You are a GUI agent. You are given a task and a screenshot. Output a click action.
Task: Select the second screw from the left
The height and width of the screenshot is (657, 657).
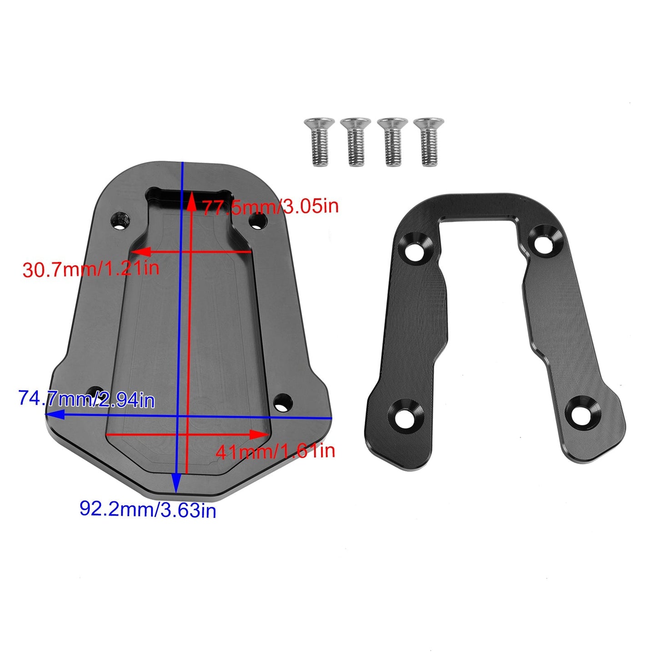click(356, 141)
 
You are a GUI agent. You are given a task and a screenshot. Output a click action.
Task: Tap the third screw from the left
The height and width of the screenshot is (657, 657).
click(392, 141)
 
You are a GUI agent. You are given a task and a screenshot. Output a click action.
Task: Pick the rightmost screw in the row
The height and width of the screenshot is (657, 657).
click(428, 141)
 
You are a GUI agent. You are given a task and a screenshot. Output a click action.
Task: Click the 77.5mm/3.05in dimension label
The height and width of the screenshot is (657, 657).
click(270, 207)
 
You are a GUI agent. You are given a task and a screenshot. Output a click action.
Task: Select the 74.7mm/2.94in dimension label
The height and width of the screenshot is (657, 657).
click(86, 399)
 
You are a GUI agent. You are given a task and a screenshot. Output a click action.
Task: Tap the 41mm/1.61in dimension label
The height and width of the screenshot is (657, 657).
click(275, 451)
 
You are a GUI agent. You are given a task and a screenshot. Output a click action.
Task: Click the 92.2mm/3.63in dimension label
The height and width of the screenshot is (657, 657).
click(148, 509)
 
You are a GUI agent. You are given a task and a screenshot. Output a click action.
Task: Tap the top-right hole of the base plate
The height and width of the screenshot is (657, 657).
click(258, 221)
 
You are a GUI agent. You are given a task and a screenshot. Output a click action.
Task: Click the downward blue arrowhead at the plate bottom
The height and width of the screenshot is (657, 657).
click(176, 484)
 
